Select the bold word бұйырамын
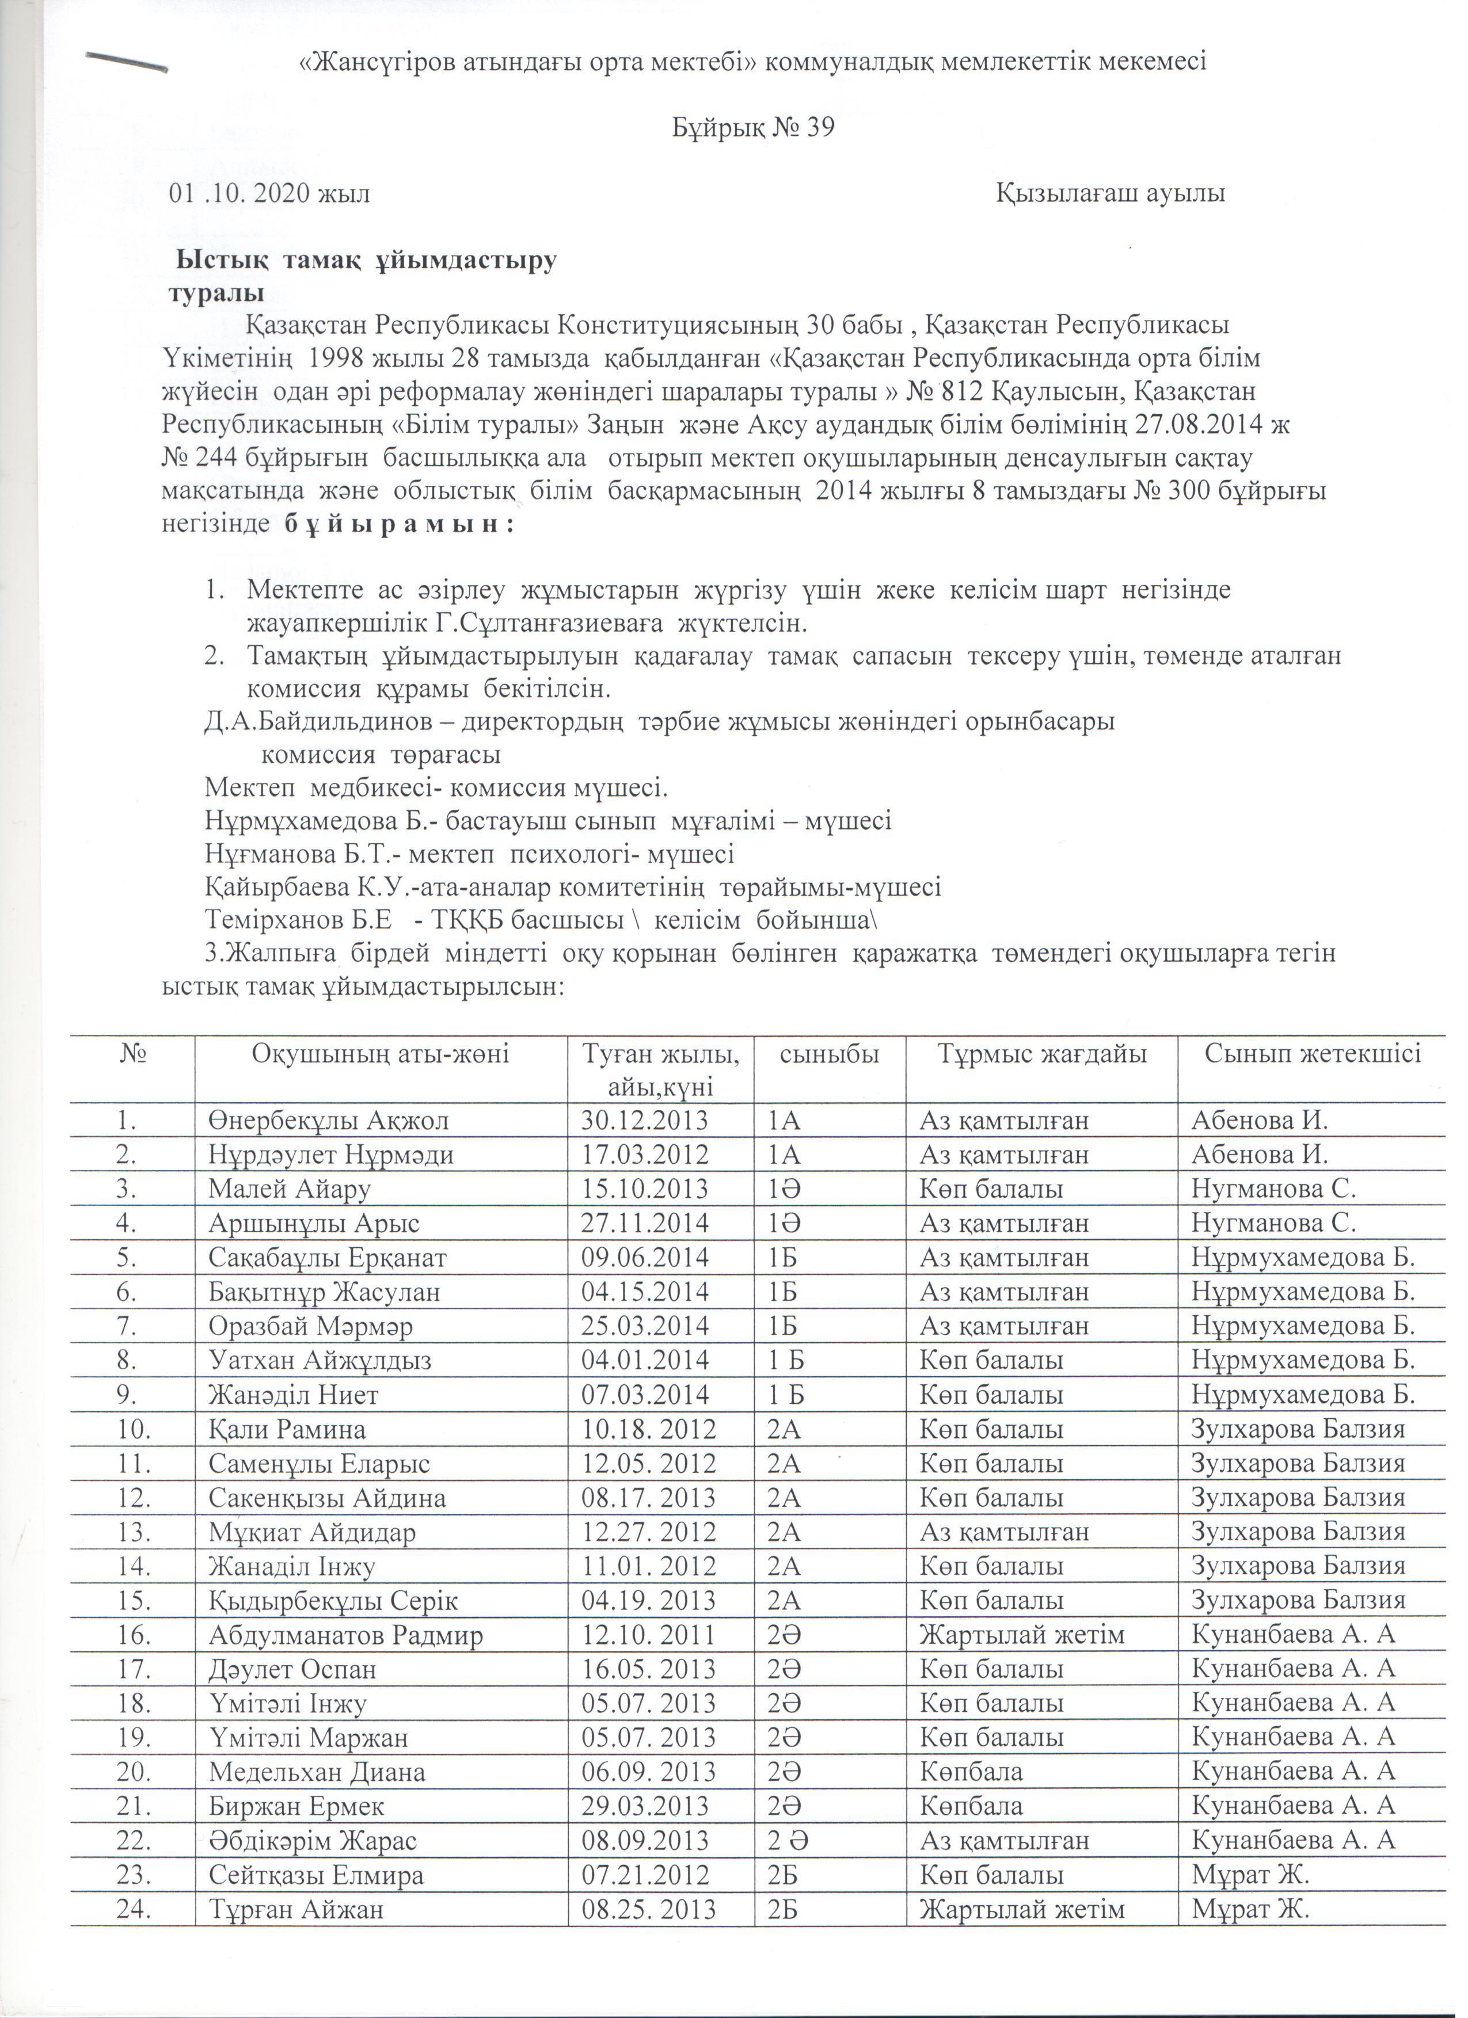pos(398,524)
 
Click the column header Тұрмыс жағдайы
pos(1042,1054)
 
